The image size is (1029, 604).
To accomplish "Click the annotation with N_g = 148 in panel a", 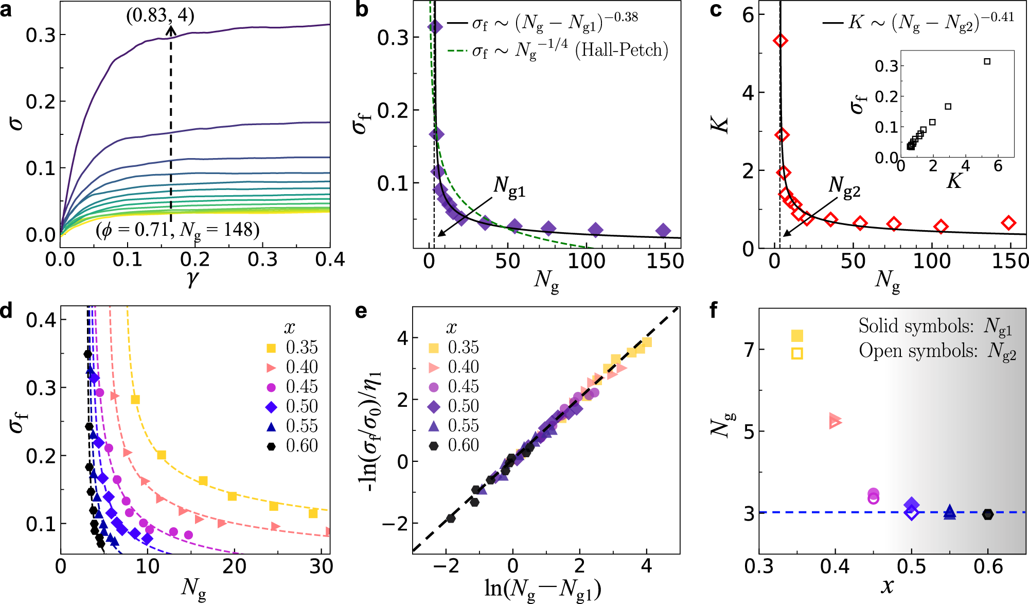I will pos(178,230).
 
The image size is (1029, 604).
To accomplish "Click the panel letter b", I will pos(362,9).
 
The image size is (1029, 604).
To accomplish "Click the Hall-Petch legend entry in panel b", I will pos(558,50).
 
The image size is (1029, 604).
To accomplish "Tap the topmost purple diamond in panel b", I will pos(435,27).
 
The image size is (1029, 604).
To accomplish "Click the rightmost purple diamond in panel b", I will pos(663,231).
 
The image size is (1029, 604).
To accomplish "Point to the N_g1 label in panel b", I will pos(509,186).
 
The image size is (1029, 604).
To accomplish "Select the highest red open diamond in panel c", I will pos(780,41).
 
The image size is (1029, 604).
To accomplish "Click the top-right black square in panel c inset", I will pos(987,61).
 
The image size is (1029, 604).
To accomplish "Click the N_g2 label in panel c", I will pos(844,186).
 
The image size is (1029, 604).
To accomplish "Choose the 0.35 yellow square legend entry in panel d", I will pos(293,348).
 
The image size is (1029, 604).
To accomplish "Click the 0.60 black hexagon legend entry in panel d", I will pos(293,446).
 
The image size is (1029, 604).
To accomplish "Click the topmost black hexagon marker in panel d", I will pos(88,354).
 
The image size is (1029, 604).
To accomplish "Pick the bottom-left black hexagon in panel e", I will pos(451,518).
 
